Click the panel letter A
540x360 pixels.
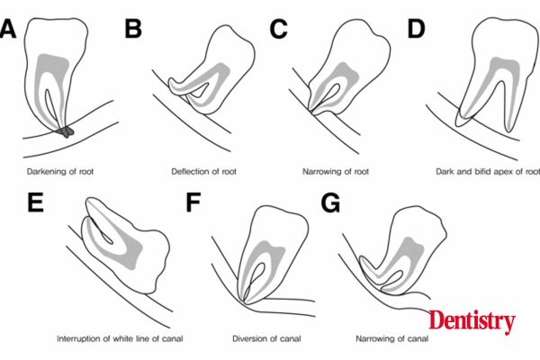click(7, 29)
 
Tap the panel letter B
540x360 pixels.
click(133, 29)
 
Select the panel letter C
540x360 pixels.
click(278, 29)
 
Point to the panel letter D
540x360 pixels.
click(416, 29)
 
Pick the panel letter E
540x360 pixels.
click(35, 202)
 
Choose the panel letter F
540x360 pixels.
click(193, 202)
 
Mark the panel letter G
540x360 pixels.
click(330, 202)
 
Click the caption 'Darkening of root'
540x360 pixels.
click(60, 171)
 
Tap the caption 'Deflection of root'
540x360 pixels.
click(204, 171)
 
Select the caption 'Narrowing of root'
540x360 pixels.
click(336, 171)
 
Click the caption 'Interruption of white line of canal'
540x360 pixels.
click(120, 338)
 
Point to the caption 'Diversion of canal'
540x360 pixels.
click(266, 338)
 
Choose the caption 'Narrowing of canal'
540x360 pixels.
click(392, 338)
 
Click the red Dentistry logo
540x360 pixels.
click(472, 321)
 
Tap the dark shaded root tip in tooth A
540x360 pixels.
click(66, 131)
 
